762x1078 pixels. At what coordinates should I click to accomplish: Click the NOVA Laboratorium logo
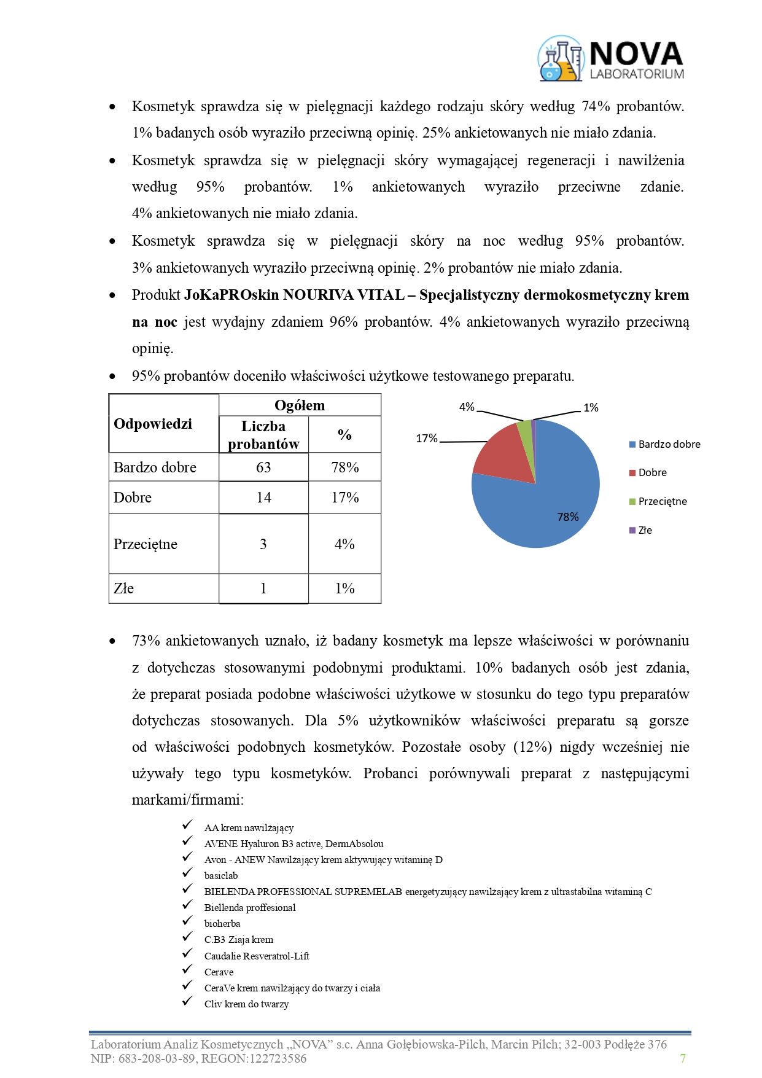(x=611, y=59)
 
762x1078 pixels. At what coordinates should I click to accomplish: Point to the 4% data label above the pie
(x=467, y=407)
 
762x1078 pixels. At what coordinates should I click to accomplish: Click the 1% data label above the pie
(x=591, y=408)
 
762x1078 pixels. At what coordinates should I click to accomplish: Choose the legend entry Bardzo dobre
(x=669, y=444)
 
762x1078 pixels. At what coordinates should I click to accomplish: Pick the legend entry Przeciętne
(x=662, y=501)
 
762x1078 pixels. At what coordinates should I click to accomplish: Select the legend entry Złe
(x=645, y=530)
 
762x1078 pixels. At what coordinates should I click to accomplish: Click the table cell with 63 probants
(x=263, y=467)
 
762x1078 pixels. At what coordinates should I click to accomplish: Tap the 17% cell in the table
(x=344, y=498)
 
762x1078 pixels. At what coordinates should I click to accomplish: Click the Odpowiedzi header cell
(x=154, y=424)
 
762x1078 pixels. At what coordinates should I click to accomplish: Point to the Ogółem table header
(x=300, y=405)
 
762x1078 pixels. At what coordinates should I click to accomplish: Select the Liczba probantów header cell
(x=263, y=435)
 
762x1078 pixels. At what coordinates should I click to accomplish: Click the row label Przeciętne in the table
(x=146, y=544)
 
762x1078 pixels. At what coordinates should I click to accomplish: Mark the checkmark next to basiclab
(x=187, y=873)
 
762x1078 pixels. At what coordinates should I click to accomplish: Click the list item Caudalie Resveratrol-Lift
(x=257, y=956)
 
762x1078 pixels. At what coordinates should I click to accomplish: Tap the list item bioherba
(x=222, y=923)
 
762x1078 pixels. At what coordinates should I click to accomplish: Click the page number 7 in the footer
(x=683, y=1058)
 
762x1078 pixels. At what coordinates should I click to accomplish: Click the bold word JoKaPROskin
(x=231, y=295)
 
